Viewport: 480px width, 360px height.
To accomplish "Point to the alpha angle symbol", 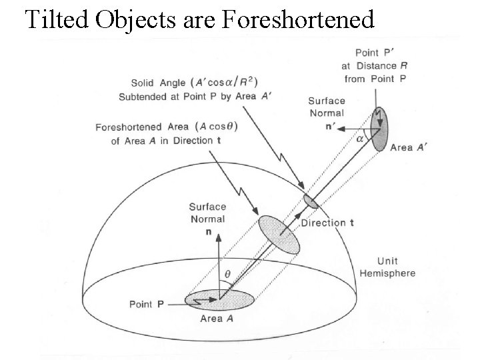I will point(361,139).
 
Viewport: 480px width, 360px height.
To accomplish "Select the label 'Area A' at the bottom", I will point(218,319).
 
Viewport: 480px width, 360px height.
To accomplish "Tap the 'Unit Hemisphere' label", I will point(387,267).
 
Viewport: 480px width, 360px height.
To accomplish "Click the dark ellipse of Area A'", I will point(381,129).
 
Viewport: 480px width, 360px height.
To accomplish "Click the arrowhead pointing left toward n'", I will point(337,125).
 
